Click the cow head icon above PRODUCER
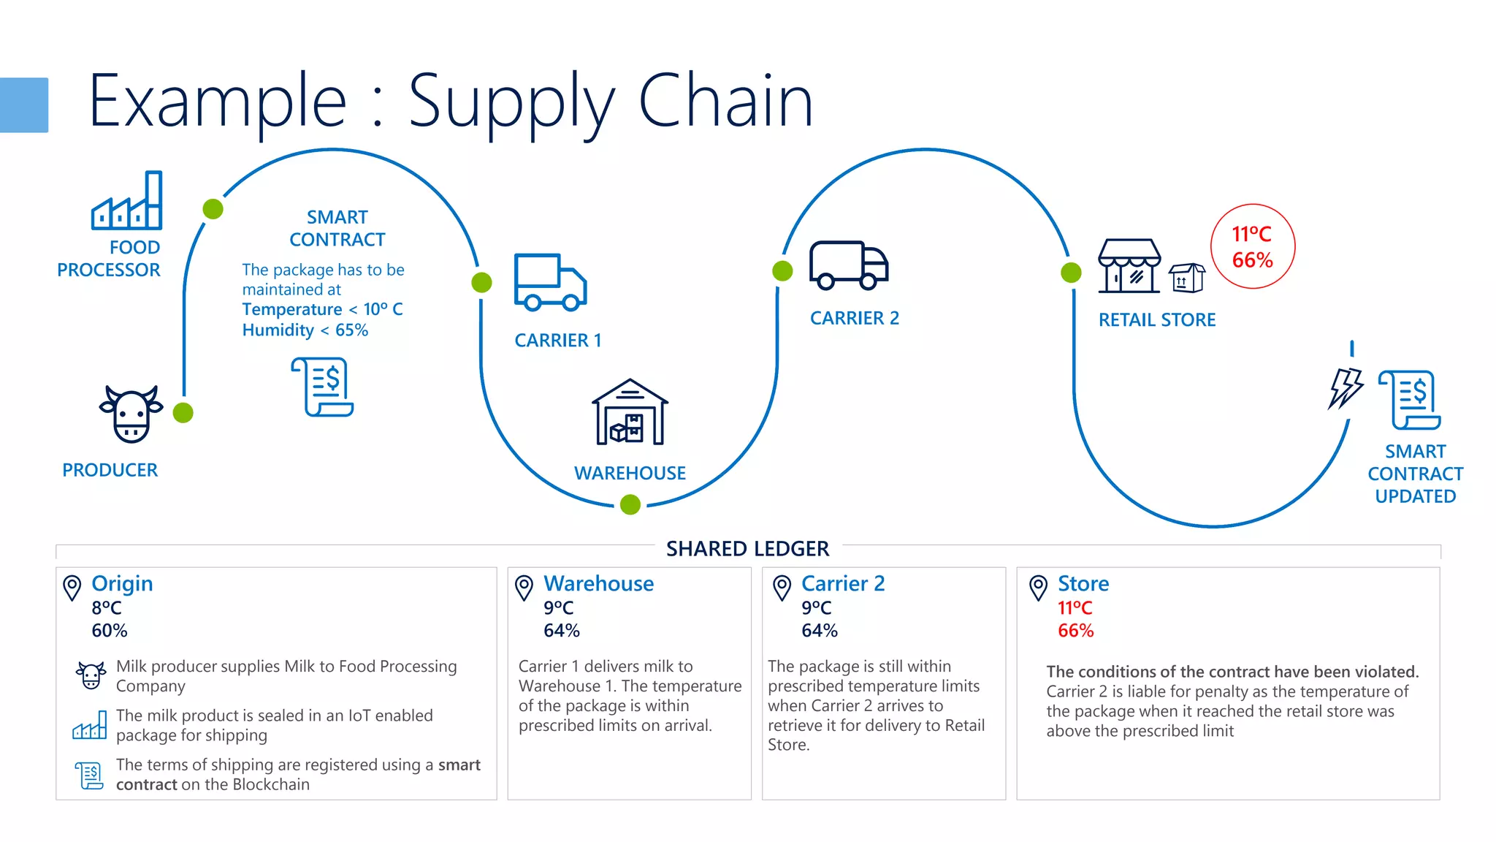coord(131,414)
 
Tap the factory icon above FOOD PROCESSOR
coord(127,201)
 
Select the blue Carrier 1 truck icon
coord(550,282)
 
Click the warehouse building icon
coord(630,413)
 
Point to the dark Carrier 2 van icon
coord(848,265)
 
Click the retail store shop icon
coord(1129,266)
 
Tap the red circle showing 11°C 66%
coord(1252,246)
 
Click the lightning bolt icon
coord(1345,387)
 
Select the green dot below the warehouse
coord(630,504)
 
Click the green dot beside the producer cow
coord(183,413)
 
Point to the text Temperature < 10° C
coord(322,309)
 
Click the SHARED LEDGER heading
coord(747,549)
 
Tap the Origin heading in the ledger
coord(122,583)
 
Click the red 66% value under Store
coord(1075,631)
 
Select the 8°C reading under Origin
coord(107,608)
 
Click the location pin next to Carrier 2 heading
coord(782,587)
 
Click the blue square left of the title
coord(24,105)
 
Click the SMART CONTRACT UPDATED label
coord(1415,474)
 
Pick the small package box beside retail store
coord(1187,278)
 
